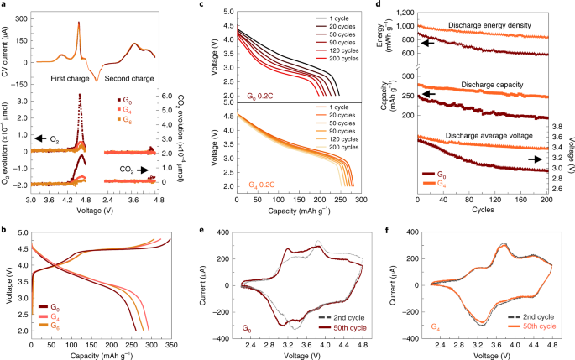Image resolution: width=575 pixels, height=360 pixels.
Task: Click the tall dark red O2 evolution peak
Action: [80, 97]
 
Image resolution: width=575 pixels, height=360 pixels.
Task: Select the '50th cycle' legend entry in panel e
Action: [348, 331]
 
